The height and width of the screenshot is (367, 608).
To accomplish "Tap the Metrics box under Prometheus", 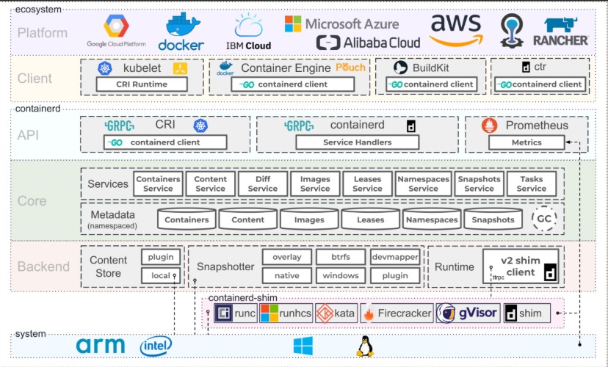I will [x=526, y=142].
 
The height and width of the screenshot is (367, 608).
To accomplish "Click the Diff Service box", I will [x=263, y=183].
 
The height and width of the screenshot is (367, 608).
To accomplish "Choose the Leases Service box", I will [x=367, y=183].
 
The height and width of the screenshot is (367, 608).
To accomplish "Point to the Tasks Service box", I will [x=531, y=183].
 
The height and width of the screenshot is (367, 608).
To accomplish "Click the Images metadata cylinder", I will [x=309, y=219].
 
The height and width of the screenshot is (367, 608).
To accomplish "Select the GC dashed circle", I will [x=544, y=219].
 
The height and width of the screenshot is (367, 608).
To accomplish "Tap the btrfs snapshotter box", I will [x=340, y=257].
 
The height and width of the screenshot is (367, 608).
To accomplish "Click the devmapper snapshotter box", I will [x=395, y=257].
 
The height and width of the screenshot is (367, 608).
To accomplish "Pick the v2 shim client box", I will [x=522, y=266].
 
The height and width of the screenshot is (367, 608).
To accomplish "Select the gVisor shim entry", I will [x=468, y=314].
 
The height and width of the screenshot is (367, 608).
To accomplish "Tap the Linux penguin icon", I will [x=364, y=346].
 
